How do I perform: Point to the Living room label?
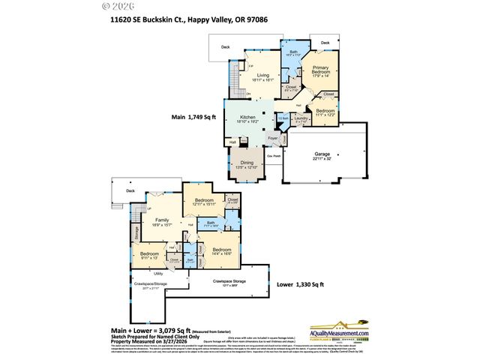263,75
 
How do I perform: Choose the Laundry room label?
301,118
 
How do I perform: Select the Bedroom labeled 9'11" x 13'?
150,254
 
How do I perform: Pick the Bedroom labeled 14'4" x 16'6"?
222,250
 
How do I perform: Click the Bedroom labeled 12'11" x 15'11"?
205,201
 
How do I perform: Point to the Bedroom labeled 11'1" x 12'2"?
325,111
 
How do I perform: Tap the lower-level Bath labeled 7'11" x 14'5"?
211,223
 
